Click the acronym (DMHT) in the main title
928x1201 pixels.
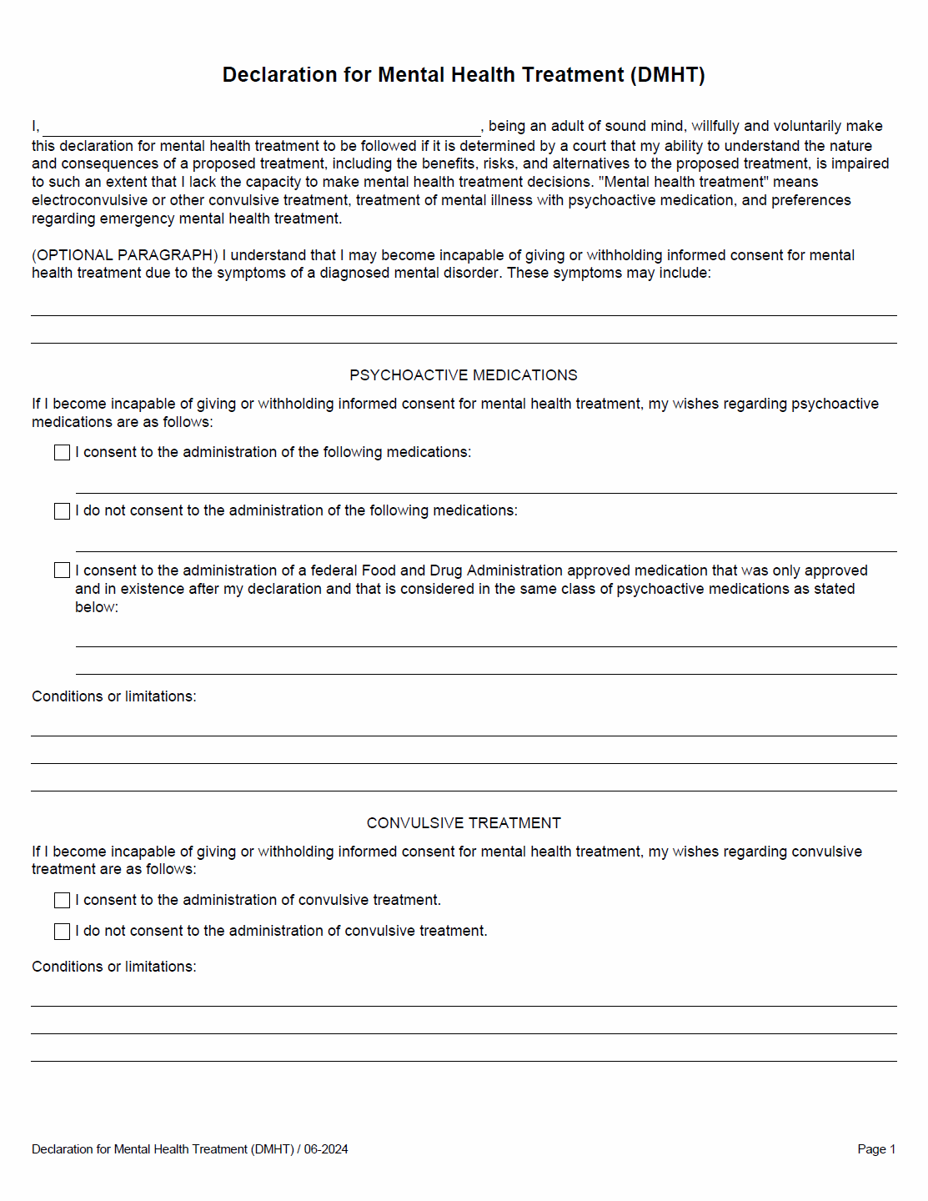click(x=667, y=75)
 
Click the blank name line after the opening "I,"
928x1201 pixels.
click(x=261, y=128)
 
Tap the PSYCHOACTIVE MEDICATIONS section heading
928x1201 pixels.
click(x=463, y=375)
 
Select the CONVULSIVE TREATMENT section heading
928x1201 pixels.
click(x=463, y=823)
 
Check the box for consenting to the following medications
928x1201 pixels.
click(x=62, y=452)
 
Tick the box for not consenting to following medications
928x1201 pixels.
click(x=62, y=511)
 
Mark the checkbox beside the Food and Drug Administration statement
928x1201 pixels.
click(x=62, y=570)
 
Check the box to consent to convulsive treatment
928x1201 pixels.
click(x=62, y=901)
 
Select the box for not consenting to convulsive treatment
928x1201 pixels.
click(x=62, y=932)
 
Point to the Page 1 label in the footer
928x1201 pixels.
click(x=875, y=1149)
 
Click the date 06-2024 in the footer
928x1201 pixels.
click(x=326, y=1149)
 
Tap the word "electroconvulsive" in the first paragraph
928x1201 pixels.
click(x=89, y=200)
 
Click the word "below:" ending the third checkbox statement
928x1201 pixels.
click(x=97, y=607)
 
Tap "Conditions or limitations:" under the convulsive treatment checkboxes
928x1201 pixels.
click(x=114, y=967)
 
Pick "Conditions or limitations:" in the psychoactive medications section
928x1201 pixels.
click(x=114, y=696)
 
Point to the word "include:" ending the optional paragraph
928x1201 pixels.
click(x=685, y=274)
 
